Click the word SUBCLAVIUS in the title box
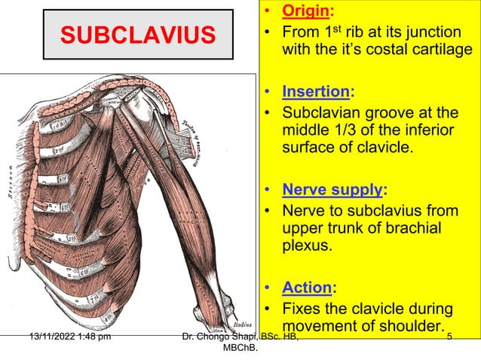pos(137,35)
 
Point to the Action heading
pos(306,287)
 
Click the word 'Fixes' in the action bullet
pos(304,309)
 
